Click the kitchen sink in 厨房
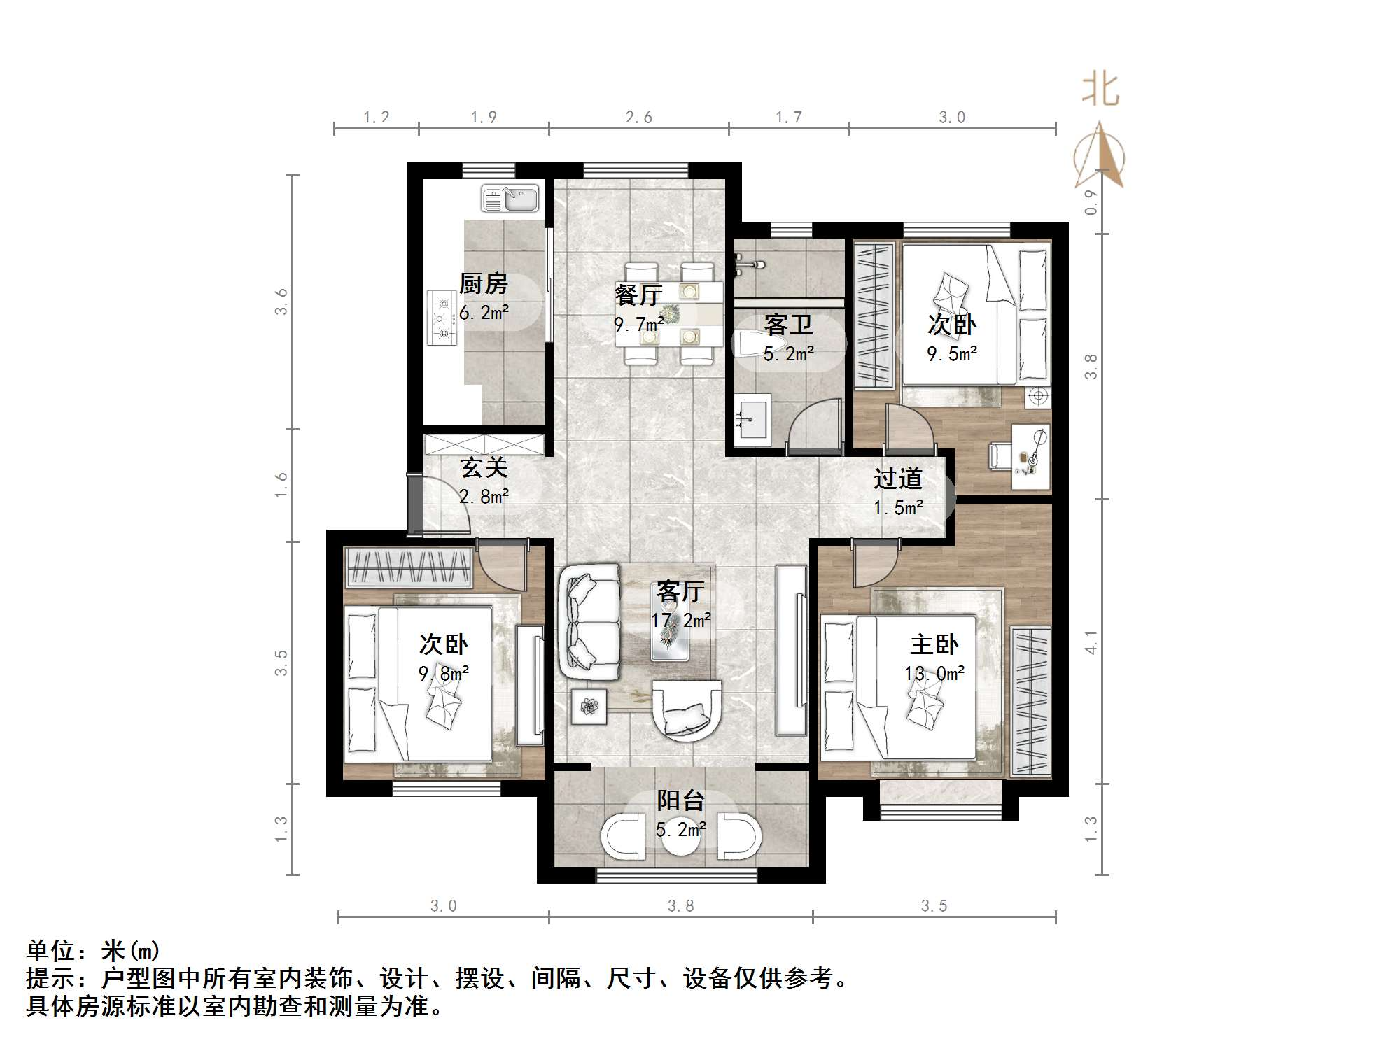[x=510, y=198]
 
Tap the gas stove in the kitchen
[x=442, y=318]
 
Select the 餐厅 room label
[x=638, y=295]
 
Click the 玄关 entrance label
[x=484, y=467]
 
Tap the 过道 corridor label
[x=897, y=479]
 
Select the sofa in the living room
[x=589, y=621]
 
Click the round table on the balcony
[x=680, y=836]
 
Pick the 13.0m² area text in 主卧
[x=934, y=674]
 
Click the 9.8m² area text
[x=443, y=674]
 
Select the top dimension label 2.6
[x=638, y=118]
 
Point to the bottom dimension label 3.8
[x=680, y=906]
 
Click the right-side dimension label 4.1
[x=1091, y=642]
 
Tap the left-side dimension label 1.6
[x=281, y=484]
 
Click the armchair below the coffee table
[x=686, y=709]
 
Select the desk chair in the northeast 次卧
[x=997, y=455]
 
